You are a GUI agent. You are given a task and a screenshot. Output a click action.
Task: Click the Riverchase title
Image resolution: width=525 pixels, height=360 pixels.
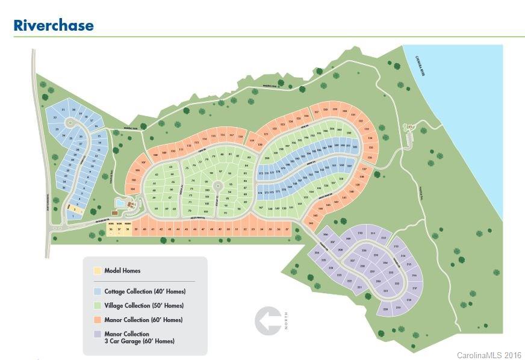(54, 25)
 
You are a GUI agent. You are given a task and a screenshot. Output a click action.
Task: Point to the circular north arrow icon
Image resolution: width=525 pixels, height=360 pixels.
(270, 321)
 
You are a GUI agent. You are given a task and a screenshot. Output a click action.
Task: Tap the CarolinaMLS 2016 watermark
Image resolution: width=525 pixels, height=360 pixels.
(489, 355)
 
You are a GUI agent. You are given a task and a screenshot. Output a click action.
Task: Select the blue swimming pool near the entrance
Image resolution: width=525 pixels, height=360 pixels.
(121, 203)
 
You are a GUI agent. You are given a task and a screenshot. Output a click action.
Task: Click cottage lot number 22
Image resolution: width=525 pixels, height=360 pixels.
(55, 117)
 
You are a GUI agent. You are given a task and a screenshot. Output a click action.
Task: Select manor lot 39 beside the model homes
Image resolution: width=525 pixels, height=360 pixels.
(136, 229)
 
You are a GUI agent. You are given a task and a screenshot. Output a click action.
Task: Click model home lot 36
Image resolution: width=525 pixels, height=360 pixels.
(111, 229)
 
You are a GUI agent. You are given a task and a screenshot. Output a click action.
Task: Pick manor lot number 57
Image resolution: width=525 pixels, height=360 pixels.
(287, 229)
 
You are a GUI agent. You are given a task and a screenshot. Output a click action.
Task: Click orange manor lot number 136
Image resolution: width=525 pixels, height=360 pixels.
(370, 158)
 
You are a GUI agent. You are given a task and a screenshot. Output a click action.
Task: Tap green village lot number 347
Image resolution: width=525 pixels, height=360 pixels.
(261, 208)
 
